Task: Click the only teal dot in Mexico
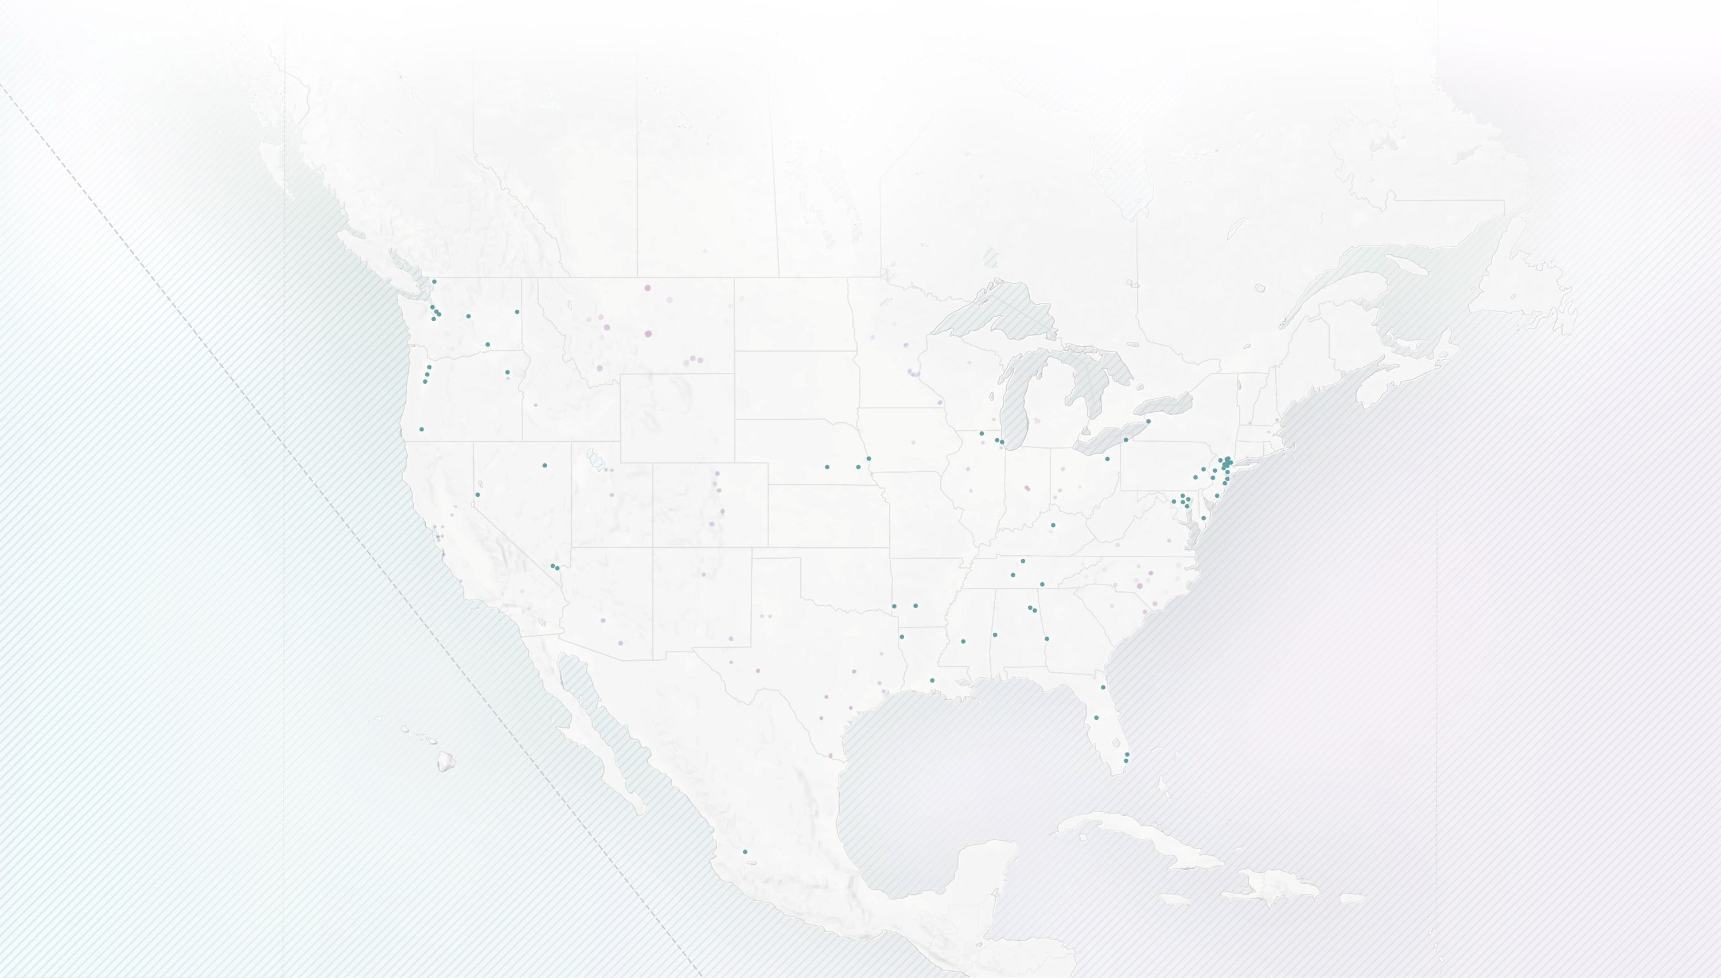pos(745,852)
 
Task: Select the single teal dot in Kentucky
pos(1053,525)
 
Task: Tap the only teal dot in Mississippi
pos(963,641)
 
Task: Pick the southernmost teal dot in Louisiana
pos(932,680)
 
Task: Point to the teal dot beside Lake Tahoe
pos(478,494)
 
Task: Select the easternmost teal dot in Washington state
pos(516,311)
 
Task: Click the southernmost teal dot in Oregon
pos(421,429)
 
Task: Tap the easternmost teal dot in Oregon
pos(507,372)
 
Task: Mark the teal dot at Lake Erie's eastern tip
pos(1148,421)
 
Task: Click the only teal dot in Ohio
pos(1107,459)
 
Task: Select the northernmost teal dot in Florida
pos(1103,687)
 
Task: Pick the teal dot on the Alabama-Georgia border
pos(1046,639)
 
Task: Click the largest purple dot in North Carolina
pos(1139,586)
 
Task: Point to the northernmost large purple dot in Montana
pos(648,288)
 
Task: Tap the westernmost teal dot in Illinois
pos(982,434)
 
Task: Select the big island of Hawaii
pos(446,762)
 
